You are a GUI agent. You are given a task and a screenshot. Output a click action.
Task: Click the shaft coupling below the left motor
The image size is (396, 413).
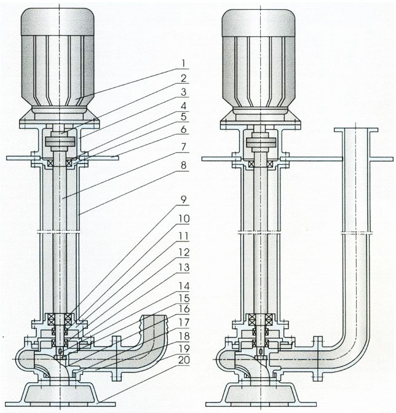pyautogui.click(x=62, y=143)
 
